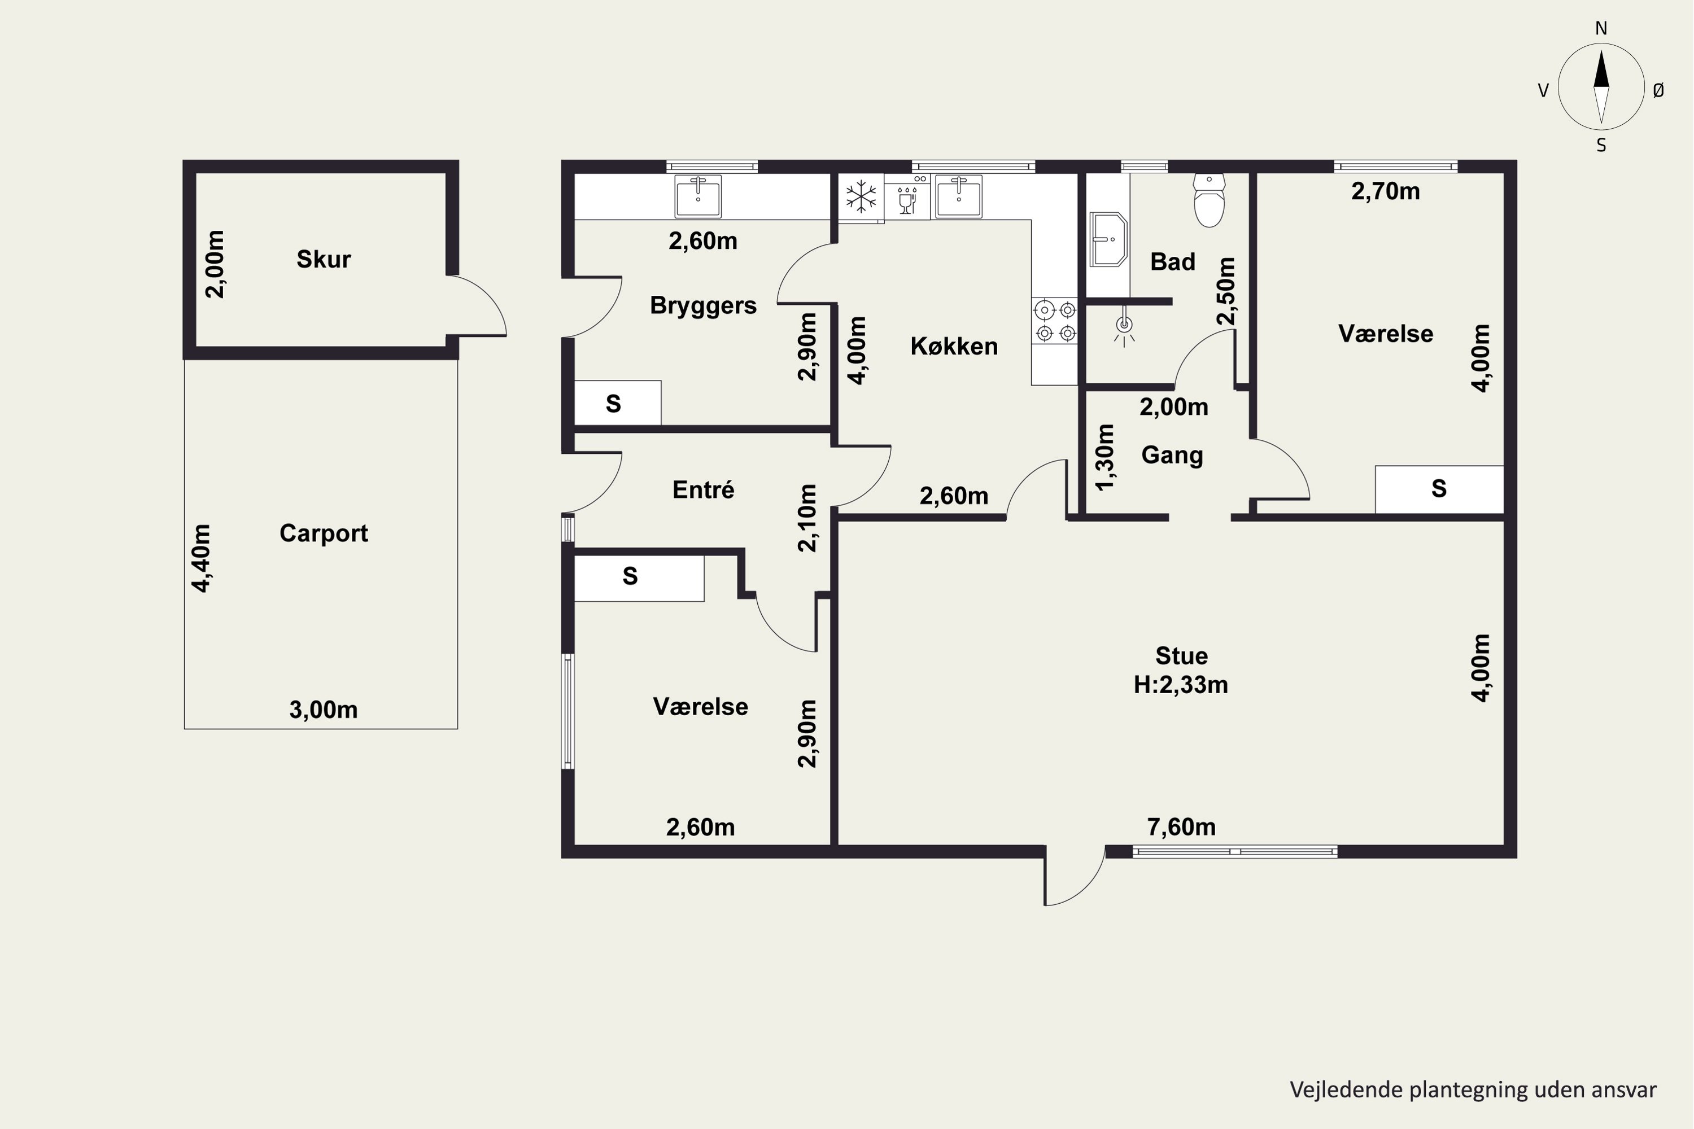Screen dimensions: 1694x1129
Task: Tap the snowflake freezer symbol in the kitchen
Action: (x=861, y=196)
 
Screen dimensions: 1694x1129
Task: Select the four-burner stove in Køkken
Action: (x=1055, y=321)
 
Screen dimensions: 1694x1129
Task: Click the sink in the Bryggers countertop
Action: (x=698, y=196)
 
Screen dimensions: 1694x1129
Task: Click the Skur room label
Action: (x=324, y=259)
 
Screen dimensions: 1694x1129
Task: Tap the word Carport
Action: (x=324, y=533)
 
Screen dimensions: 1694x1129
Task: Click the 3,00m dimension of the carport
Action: (x=324, y=710)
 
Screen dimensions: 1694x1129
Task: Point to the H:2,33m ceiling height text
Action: (x=1181, y=685)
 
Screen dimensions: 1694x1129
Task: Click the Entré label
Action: (x=703, y=489)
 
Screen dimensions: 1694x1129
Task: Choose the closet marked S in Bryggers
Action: (x=617, y=402)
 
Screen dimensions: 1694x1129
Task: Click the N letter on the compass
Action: (x=1601, y=29)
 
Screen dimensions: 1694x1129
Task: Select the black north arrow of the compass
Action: (x=1601, y=69)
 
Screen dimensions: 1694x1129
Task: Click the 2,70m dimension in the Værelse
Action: (x=1386, y=191)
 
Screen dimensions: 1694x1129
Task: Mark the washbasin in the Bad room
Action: (x=1108, y=239)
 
